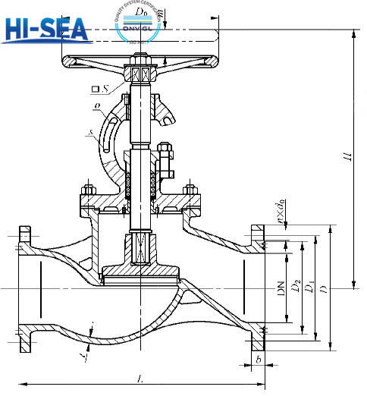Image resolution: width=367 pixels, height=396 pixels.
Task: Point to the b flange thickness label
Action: point(259,358)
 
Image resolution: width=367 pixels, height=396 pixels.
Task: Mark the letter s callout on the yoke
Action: point(91,133)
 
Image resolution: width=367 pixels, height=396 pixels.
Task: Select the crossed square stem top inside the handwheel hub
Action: point(142,74)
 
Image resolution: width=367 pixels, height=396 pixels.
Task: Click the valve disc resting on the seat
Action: point(142,269)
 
